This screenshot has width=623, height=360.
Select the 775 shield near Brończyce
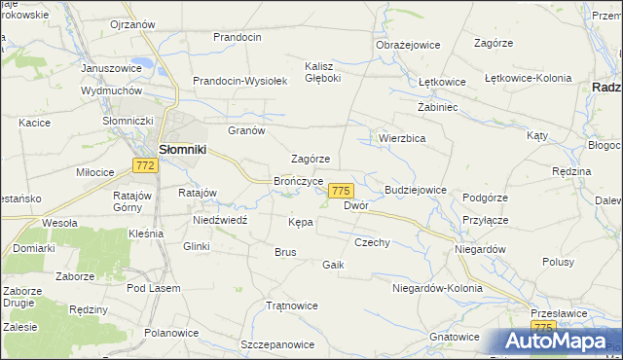click(x=340, y=191)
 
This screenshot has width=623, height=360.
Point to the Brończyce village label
click(x=299, y=181)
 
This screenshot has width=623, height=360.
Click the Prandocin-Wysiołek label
click(x=238, y=82)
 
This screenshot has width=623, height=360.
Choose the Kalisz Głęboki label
click(x=322, y=73)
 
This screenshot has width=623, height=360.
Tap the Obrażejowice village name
click(x=408, y=45)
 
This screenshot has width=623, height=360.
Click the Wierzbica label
click(x=401, y=138)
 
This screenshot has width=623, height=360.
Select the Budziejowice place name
click(x=416, y=190)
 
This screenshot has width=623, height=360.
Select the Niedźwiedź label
click(x=219, y=220)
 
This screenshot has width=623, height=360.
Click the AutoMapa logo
click(x=554, y=341)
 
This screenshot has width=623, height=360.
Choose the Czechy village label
click(x=372, y=242)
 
